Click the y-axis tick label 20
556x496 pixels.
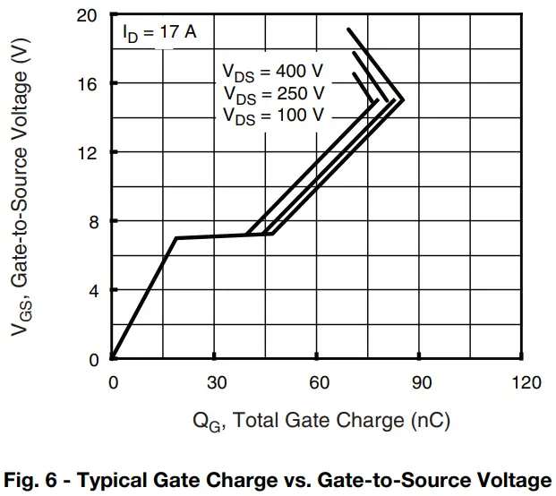pyautogui.click(x=87, y=14)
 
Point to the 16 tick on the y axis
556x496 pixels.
pyautogui.click(x=87, y=83)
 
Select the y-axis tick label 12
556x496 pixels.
pyautogui.click(x=87, y=152)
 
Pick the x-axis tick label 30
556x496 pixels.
pyautogui.click(x=216, y=382)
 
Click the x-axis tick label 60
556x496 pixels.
pyautogui.click(x=320, y=382)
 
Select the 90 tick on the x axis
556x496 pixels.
pyautogui.click(x=423, y=382)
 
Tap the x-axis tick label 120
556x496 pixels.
pyautogui.click(x=526, y=382)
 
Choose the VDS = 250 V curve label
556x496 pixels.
pyautogui.click(x=274, y=93)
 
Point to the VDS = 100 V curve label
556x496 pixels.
pyautogui.click(x=274, y=115)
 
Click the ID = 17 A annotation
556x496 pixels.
pyautogui.click(x=159, y=34)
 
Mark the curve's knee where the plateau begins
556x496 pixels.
pyautogui.click(x=176, y=238)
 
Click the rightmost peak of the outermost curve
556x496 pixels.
pyautogui.click(x=404, y=99)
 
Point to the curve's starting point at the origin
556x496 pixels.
pyautogui.click(x=113, y=359)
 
